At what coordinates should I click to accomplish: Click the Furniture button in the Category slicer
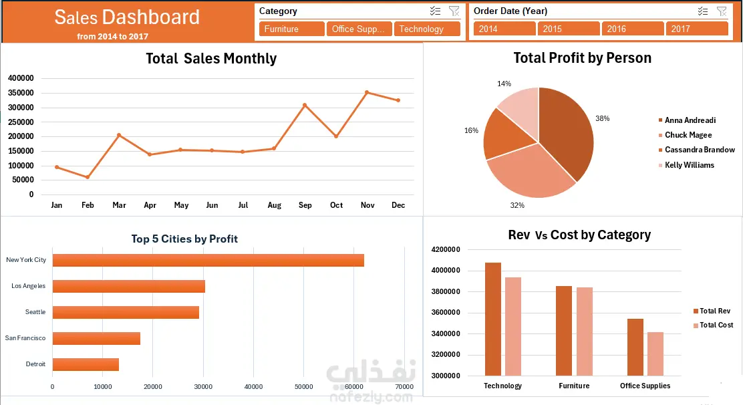(x=292, y=29)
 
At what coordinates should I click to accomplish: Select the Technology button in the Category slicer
(x=427, y=29)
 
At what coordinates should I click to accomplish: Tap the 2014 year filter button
(x=504, y=29)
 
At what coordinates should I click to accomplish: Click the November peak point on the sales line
(x=367, y=92)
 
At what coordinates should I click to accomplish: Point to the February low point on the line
(x=88, y=177)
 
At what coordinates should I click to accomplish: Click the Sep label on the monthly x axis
(x=305, y=205)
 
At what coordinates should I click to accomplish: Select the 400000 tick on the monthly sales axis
(x=21, y=78)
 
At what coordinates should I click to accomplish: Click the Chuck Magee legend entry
(x=688, y=135)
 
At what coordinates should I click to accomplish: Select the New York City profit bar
(x=208, y=260)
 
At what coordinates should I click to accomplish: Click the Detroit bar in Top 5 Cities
(x=86, y=364)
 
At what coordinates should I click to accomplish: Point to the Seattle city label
(x=35, y=312)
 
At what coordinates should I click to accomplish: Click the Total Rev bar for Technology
(x=493, y=319)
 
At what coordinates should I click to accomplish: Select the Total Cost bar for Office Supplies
(x=655, y=354)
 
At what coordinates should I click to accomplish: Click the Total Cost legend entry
(x=715, y=325)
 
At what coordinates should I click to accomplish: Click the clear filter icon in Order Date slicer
(x=722, y=11)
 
